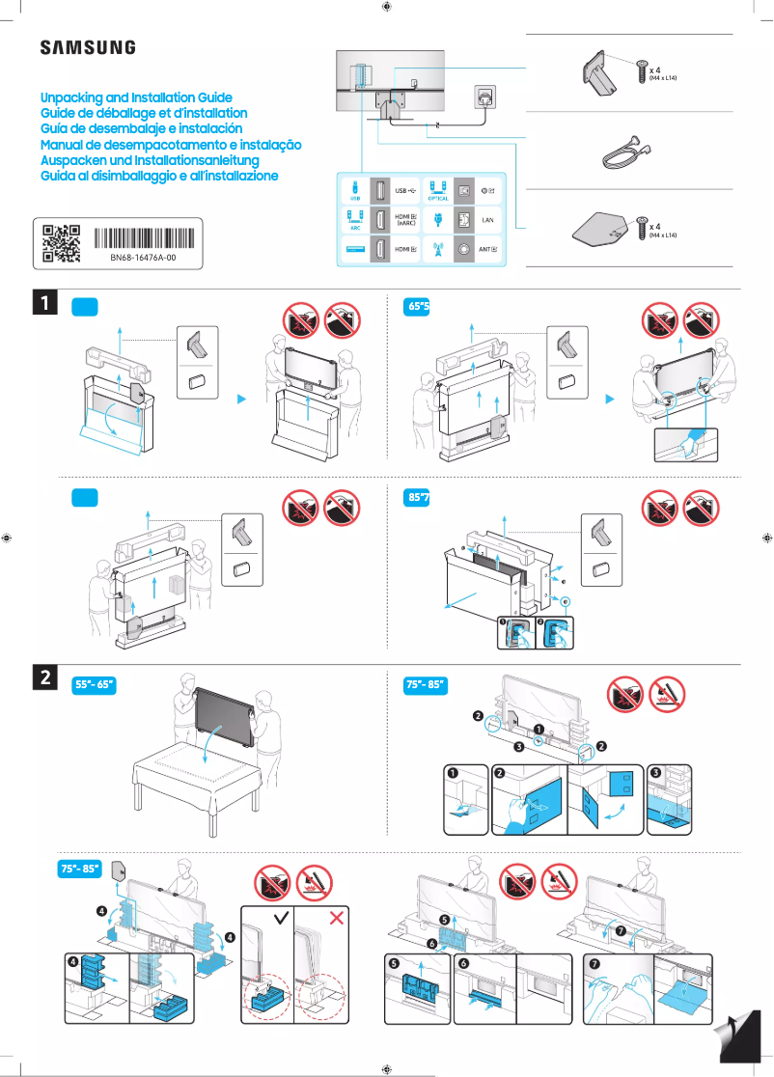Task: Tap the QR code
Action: (62, 243)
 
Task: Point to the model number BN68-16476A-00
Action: (142, 260)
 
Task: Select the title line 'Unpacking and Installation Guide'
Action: (136, 98)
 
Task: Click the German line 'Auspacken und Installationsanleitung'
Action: (150, 160)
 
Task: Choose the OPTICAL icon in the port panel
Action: (437, 191)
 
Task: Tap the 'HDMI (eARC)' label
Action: (406, 221)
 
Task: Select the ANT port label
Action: (487, 249)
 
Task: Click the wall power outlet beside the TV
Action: (484, 97)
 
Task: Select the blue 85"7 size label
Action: (417, 498)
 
